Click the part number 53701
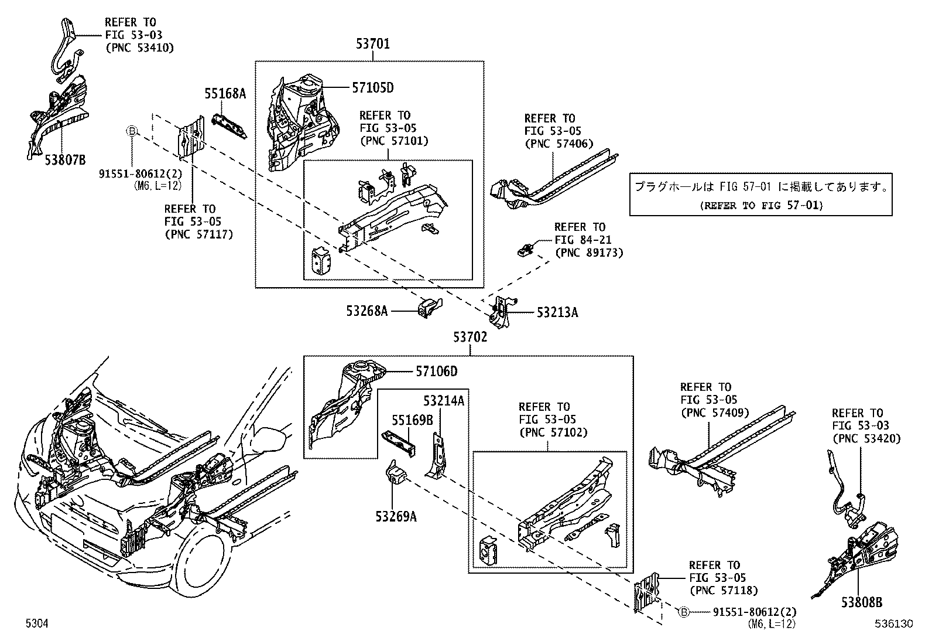pyautogui.click(x=372, y=44)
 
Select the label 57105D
pyautogui.click(x=372, y=88)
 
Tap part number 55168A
pyautogui.click(x=225, y=93)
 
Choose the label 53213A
pyautogui.click(x=557, y=313)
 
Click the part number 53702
pyautogui.click(x=470, y=338)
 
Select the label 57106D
pyautogui.click(x=436, y=372)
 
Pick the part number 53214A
pyautogui.click(x=444, y=401)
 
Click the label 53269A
pyautogui.click(x=396, y=516)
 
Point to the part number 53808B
pyautogui.click(x=862, y=602)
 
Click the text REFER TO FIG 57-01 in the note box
pyautogui.click(x=761, y=205)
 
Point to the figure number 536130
pyautogui.click(x=894, y=625)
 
